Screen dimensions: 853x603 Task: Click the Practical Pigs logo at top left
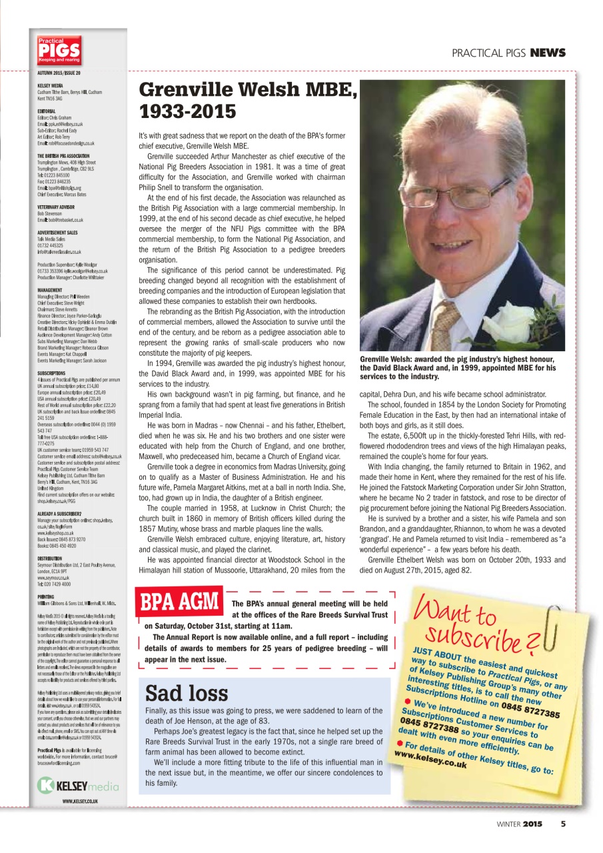(59, 51)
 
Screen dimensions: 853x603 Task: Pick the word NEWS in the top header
(548, 53)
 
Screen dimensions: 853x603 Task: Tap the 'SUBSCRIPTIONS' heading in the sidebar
(51, 373)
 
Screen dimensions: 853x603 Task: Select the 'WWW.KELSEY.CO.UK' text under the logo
(80, 800)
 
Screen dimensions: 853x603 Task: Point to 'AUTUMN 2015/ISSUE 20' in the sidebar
(59, 71)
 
